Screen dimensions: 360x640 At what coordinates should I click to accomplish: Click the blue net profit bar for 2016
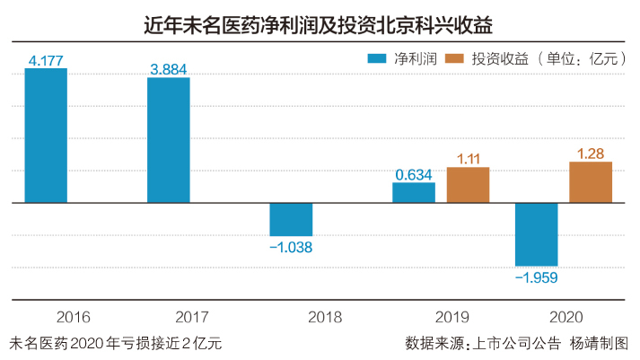coord(46,136)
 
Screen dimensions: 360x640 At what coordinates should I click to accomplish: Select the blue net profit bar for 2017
coord(169,140)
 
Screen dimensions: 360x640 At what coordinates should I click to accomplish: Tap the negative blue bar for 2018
coord(291,219)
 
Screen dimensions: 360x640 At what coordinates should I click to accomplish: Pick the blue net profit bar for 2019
coord(414,193)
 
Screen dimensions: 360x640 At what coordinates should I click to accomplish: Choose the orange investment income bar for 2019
coord(468,185)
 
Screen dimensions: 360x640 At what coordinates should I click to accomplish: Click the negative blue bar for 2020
coord(537,234)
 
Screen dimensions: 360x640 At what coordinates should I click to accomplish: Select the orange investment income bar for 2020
coord(591,182)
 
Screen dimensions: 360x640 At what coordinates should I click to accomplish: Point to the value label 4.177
coord(45,60)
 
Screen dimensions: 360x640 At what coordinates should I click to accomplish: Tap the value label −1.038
coord(291,247)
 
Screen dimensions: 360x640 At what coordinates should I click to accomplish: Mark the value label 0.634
coord(414,175)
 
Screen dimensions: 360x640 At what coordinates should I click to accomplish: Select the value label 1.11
coord(468,159)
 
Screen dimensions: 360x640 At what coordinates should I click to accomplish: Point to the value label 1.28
coord(591,154)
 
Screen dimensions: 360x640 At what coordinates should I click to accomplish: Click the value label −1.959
coord(537,277)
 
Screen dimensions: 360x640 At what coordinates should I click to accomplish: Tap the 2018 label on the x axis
coord(291,317)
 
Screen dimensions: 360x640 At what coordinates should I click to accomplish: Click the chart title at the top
coord(319,22)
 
